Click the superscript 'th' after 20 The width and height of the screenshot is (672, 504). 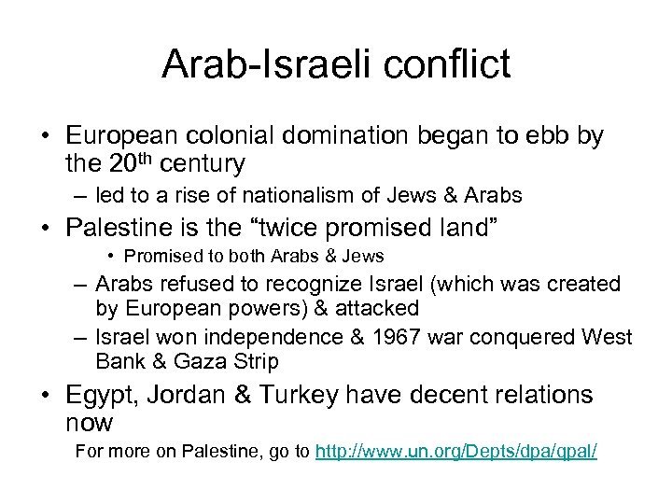[x=145, y=159]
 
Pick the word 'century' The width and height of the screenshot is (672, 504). [x=202, y=165]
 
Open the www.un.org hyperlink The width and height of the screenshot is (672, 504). [x=455, y=452]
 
